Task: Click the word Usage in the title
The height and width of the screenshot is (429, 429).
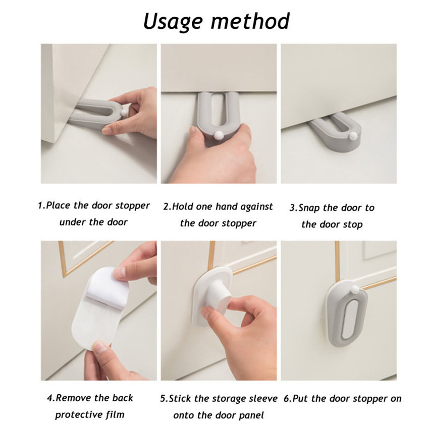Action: point(173,22)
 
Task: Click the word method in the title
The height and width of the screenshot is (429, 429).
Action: point(250,21)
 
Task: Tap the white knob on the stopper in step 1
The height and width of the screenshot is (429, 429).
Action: point(124,113)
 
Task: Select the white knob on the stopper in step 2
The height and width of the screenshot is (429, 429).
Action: point(219,135)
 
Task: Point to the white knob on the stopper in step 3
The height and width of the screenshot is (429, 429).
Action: point(352,136)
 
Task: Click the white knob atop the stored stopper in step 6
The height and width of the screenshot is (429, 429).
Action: point(355,288)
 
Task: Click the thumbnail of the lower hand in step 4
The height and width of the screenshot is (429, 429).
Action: point(100,347)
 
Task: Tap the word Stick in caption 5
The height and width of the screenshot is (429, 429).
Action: point(180,399)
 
